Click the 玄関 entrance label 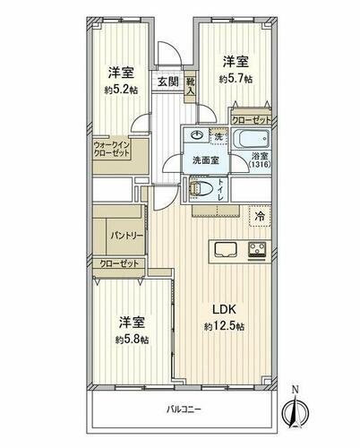[168, 82]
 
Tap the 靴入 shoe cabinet [190, 87]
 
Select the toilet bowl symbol [201, 189]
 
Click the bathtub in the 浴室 [251, 139]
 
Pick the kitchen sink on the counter [226, 249]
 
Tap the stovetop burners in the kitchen [258, 250]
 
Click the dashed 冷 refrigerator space [260, 216]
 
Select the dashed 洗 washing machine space [219, 136]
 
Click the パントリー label [126, 236]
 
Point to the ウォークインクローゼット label [112, 150]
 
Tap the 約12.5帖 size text [224, 327]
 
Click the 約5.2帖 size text [121, 90]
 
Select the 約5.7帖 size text [236, 79]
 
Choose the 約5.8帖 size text [132, 340]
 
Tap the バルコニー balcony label [184, 409]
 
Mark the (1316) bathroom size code [260, 164]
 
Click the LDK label [224, 309]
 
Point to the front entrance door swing [169, 52]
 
